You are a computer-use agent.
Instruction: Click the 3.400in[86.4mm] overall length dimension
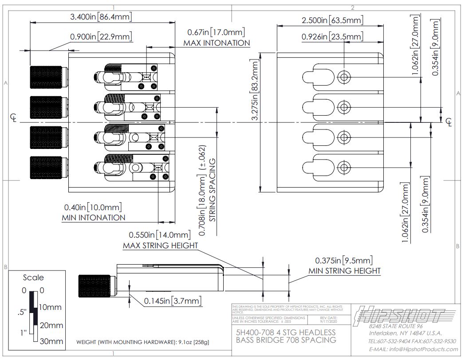click(x=101, y=17)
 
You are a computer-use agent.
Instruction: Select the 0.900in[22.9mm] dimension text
click(x=101, y=36)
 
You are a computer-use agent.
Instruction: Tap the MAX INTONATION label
click(x=217, y=43)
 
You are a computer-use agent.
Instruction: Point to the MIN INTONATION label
click(x=93, y=218)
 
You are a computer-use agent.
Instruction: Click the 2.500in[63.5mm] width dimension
click(x=332, y=20)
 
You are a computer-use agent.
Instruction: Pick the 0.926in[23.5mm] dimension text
click(x=332, y=37)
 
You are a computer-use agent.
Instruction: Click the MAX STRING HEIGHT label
click(x=160, y=246)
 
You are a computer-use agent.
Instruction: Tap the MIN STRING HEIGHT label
click(x=344, y=270)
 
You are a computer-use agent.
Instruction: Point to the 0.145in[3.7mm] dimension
click(x=173, y=301)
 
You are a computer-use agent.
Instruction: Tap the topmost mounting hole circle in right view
click(x=343, y=77)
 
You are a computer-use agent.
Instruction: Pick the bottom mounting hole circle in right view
click(x=343, y=167)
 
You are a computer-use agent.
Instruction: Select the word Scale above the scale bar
click(x=33, y=278)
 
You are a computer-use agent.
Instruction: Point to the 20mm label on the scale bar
click(x=52, y=325)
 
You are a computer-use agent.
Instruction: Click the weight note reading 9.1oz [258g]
click(x=142, y=342)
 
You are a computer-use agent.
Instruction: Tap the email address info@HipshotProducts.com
click(x=412, y=349)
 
